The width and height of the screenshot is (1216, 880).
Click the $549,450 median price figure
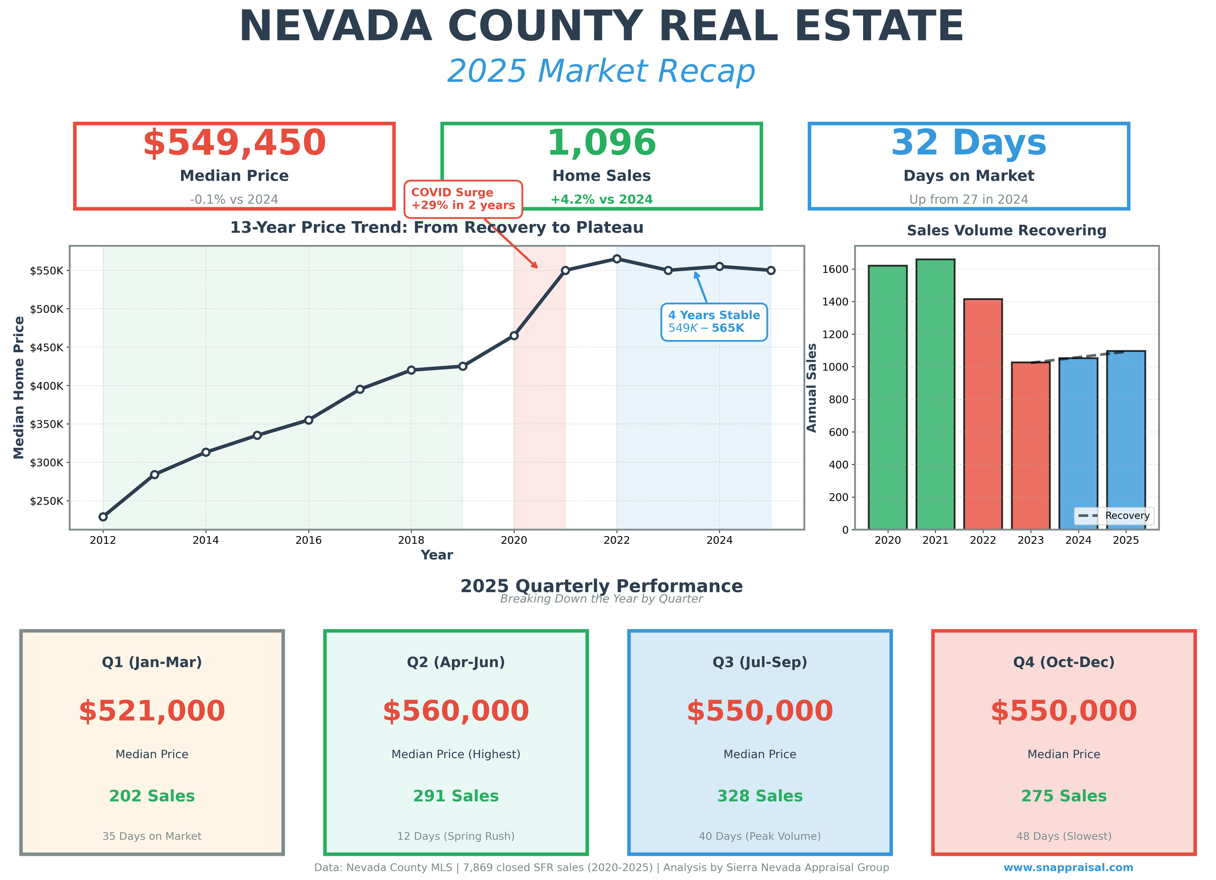pyautogui.click(x=234, y=144)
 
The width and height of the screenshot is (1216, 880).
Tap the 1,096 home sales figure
pyautogui.click(x=601, y=144)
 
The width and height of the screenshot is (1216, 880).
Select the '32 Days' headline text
pyautogui.click(x=968, y=144)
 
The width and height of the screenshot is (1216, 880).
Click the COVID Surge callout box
pyautogui.click(x=463, y=199)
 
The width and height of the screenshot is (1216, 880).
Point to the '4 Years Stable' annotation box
pyautogui.click(x=714, y=322)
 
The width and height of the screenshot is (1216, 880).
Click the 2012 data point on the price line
pyautogui.click(x=103, y=517)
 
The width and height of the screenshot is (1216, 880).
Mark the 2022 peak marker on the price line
pyautogui.click(x=617, y=259)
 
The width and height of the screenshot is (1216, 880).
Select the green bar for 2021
pyautogui.click(x=935, y=394)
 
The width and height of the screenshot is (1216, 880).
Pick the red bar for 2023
pyautogui.click(x=1031, y=446)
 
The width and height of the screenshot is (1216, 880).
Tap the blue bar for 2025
pyautogui.click(x=1126, y=440)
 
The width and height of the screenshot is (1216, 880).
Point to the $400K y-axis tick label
pyautogui.click(x=47, y=386)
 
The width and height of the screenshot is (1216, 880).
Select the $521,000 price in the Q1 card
pyautogui.click(x=152, y=711)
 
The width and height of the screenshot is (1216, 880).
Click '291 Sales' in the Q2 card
pyautogui.click(x=456, y=796)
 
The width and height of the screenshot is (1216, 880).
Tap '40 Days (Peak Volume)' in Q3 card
pyautogui.click(x=759, y=836)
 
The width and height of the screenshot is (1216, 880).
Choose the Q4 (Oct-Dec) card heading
pyautogui.click(x=1063, y=662)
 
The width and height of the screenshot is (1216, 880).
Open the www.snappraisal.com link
pyautogui.click(x=1068, y=868)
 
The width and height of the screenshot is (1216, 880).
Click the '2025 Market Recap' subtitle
pyautogui.click(x=601, y=72)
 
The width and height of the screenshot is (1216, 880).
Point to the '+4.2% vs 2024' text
pyautogui.click(x=601, y=199)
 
